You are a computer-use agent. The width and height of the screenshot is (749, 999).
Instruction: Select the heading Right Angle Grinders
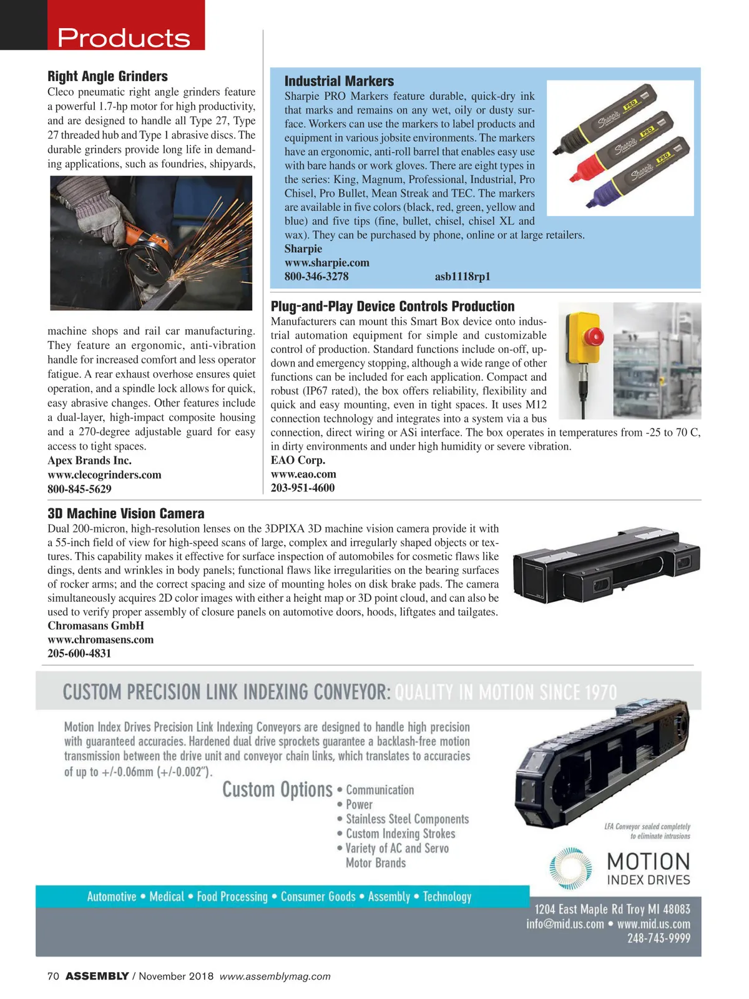point(107,76)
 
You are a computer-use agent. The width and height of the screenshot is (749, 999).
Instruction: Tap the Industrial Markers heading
point(339,81)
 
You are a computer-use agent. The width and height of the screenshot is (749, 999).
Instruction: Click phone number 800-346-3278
point(316,277)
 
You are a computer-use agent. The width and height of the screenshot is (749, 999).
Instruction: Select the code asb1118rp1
point(463,277)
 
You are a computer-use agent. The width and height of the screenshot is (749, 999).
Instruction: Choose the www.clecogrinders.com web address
point(104,475)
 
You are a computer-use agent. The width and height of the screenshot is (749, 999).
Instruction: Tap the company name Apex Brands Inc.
point(89,461)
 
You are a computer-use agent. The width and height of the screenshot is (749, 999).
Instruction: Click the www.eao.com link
point(303,475)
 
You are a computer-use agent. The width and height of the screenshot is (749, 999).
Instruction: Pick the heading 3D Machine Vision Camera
point(125,514)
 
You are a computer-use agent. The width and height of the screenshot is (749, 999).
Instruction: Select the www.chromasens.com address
point(100,640)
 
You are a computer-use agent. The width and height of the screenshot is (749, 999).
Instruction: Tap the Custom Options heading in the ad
point(277,790)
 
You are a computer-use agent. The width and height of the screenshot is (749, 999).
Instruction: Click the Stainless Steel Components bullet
point(407,819)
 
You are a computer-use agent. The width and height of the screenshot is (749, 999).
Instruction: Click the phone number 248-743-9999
point(658,938)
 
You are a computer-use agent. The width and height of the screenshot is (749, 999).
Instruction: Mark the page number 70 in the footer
point(53,977)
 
